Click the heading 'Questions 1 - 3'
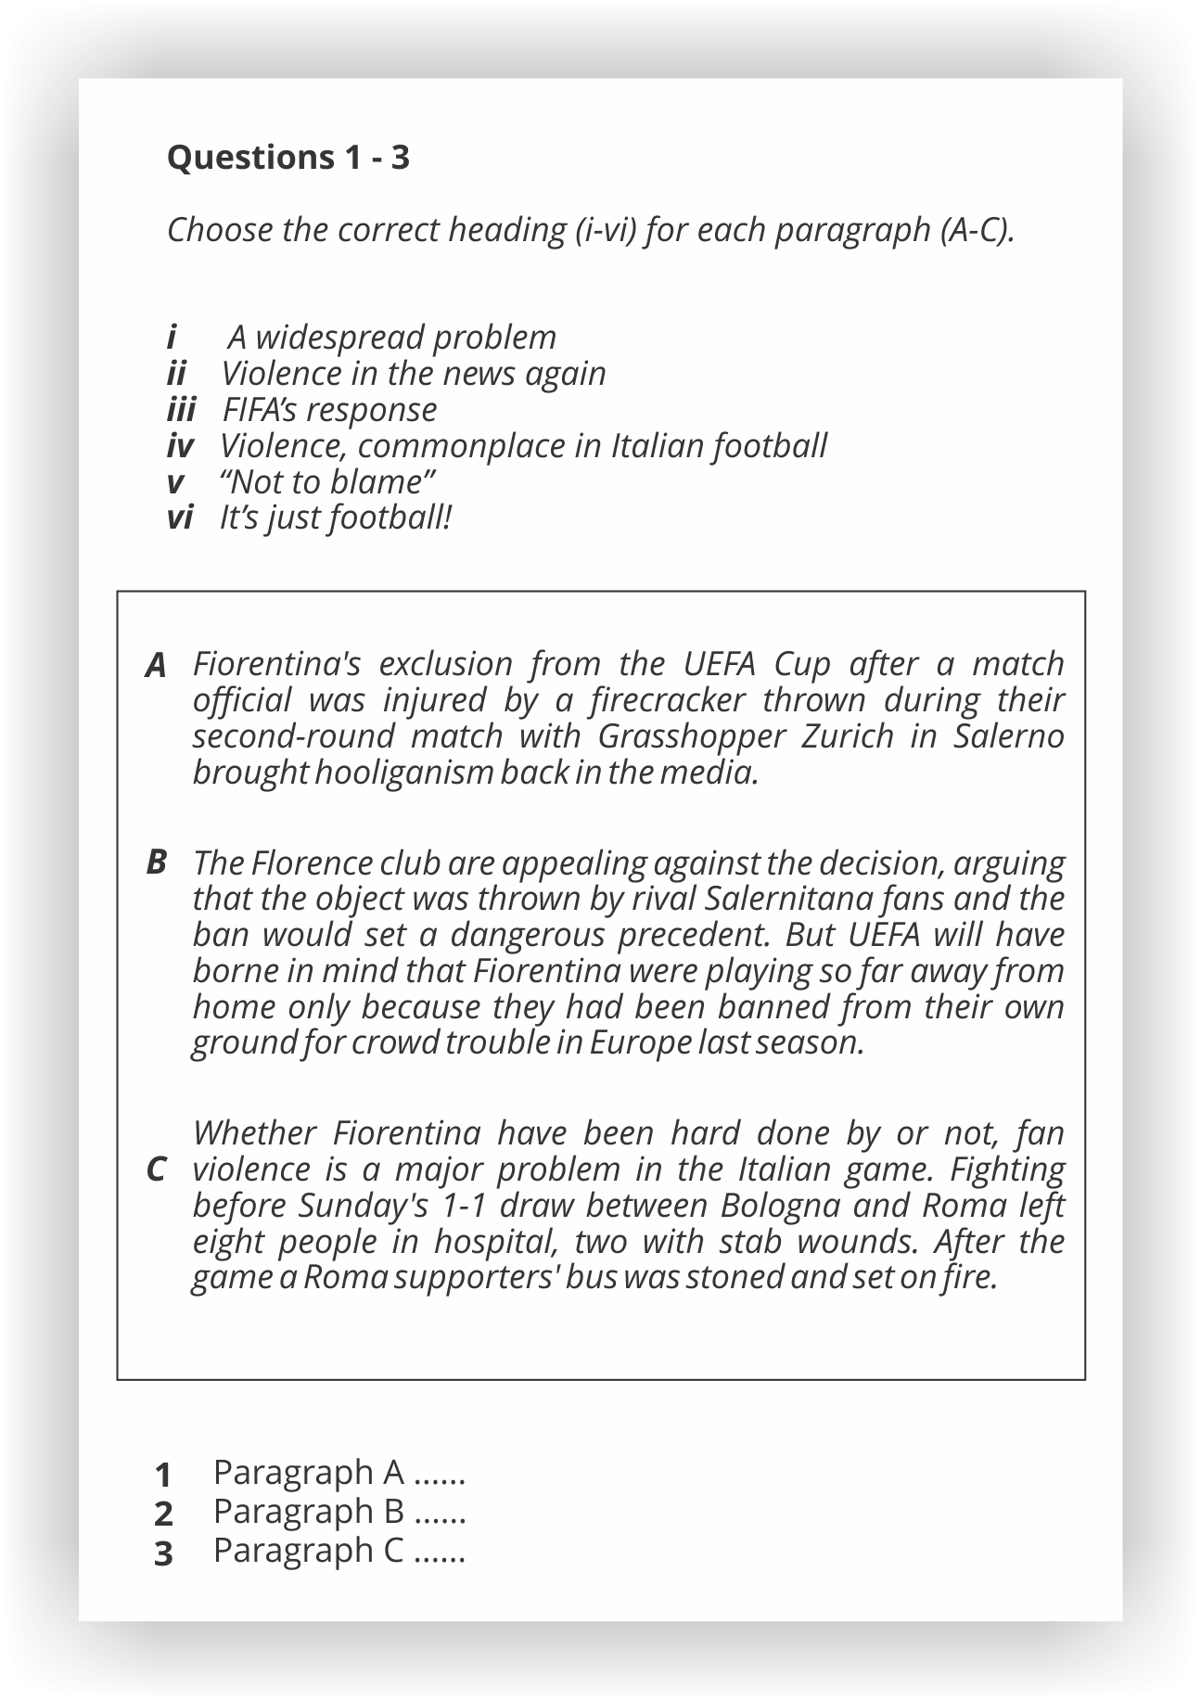[x=287, y=158]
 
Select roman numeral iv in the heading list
[x=180, y=446]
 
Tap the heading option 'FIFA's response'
[x=329, y=410]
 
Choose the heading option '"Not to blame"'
[x=327, y=482]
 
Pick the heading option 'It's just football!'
[x=335, y=518]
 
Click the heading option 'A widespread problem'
[x=391, y=338]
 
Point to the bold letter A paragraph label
[x=156, y=666]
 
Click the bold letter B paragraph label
[x=156, y=863]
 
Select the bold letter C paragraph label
[x=156, y=1170]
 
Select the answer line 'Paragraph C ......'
[x=339, y=1550]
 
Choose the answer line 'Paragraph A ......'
[x=339, y=1472]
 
